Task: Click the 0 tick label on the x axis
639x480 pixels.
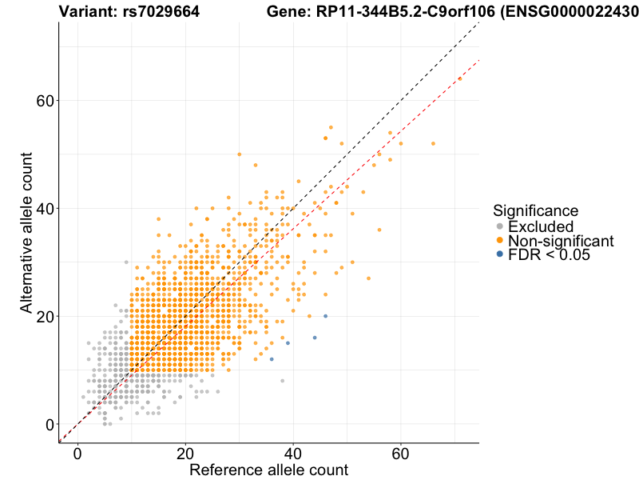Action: [77, 454]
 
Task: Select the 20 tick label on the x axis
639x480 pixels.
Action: [185, 454]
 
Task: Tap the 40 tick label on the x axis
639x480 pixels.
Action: [293, 454]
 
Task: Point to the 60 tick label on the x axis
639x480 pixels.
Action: [401, 454]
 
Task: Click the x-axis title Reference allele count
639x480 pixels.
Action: [268, 470]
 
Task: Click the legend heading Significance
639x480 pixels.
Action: [535, 211]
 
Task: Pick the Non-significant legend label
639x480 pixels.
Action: [561, 241]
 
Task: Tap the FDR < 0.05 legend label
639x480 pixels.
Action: [549, 254]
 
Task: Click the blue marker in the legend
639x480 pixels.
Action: [500, 254]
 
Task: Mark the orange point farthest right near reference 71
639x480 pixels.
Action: [460, 78]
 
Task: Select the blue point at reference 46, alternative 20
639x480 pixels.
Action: [325, 316]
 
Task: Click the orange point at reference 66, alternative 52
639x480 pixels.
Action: [433, 143]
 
